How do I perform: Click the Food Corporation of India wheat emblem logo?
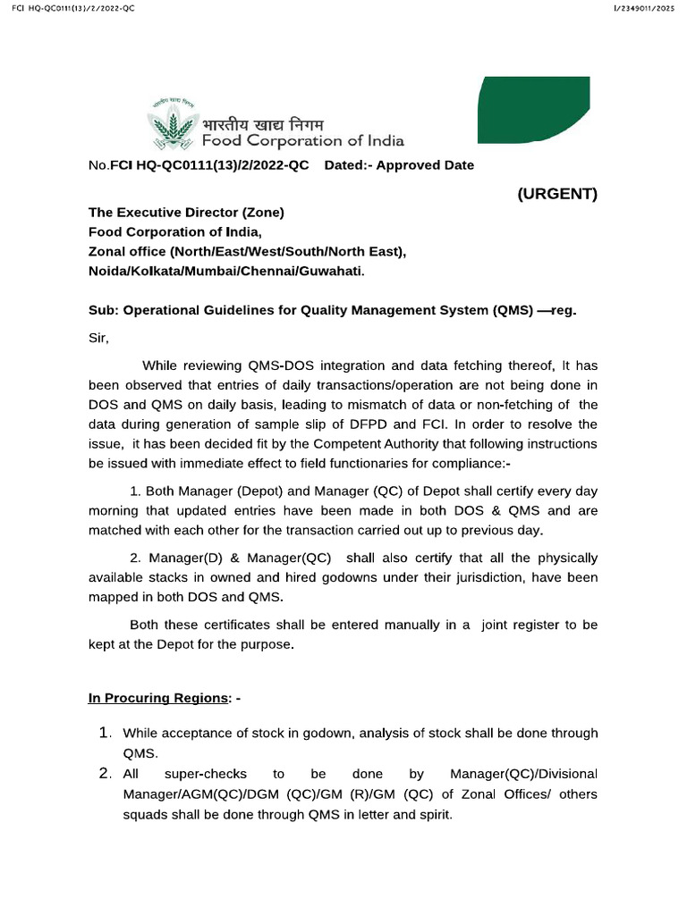pyautogui.click(x=173, y=123)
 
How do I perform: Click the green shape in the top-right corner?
pyautogui.click(x=534, y=110)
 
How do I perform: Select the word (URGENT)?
pyautogui.click(x=557, y=194)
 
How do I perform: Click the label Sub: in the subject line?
pyautogui.click(x=103, y=311)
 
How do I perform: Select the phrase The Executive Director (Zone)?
pyautogui.click(x=186, y=213)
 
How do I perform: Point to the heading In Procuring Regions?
pyautogui.click(x=157, y=698)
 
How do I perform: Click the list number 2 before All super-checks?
pyautogui.click(x=104, y=773)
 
